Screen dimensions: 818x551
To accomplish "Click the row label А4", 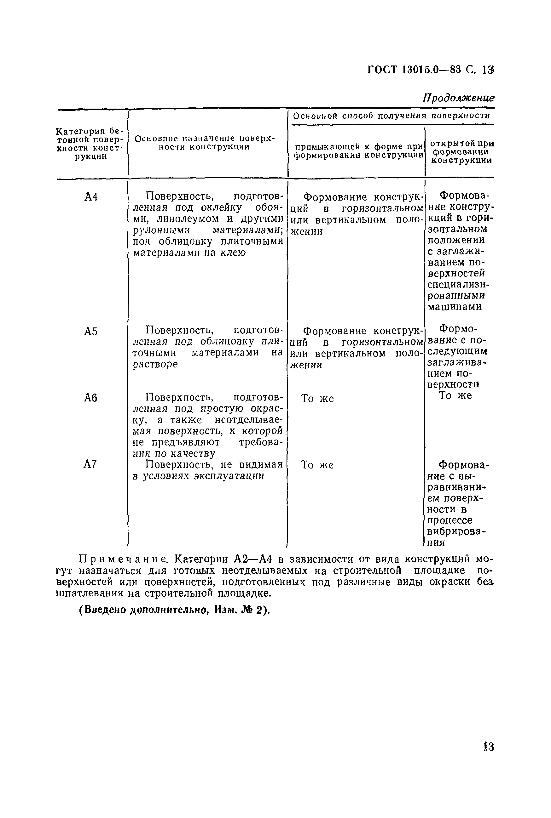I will pyautogui.click(x=91, y=197).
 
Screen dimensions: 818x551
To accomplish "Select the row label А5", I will pyautogui.click(x=91, y=331).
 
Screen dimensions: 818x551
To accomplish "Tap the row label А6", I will pyautogui.click(x=91, y=398).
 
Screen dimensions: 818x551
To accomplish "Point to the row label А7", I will pyautogui.click(x=90, y=465).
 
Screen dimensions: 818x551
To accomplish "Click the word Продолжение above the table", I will pyautogui.click(x=458, y=98).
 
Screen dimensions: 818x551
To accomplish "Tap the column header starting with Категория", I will pyautogui.click(x=91, y=144).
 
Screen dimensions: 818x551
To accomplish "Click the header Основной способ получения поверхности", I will pyautogui.click(x=391, y=116).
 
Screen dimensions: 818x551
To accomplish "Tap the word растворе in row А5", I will pyautogui.click(x=155, y=364).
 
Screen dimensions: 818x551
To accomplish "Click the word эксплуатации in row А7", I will pyautogui.click(x=229, y=476).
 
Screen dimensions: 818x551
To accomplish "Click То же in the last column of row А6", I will pyautogui.click(x=455, y=395).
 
